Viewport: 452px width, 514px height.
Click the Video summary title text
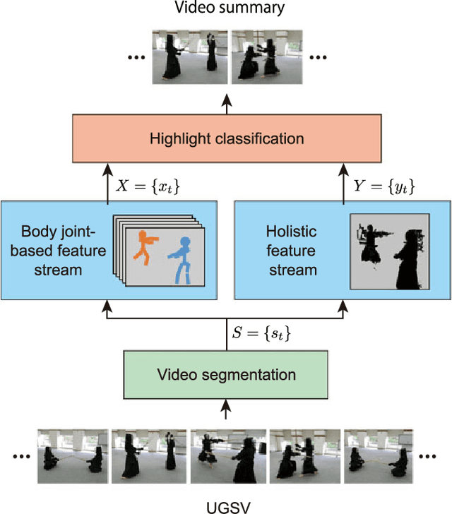coord(226,8)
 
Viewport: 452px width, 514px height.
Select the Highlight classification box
coord(226,138)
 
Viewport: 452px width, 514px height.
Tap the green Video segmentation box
coord(226,374)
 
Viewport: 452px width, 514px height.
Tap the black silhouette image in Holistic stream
coord(391,252)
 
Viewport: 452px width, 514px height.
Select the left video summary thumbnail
coord(189,56)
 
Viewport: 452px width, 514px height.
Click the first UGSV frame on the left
coord(73,455)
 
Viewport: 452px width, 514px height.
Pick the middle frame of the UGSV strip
coord(226,455)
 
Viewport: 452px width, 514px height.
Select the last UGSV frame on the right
coord(379,455)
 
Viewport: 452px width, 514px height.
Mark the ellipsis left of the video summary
coord(136,56)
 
